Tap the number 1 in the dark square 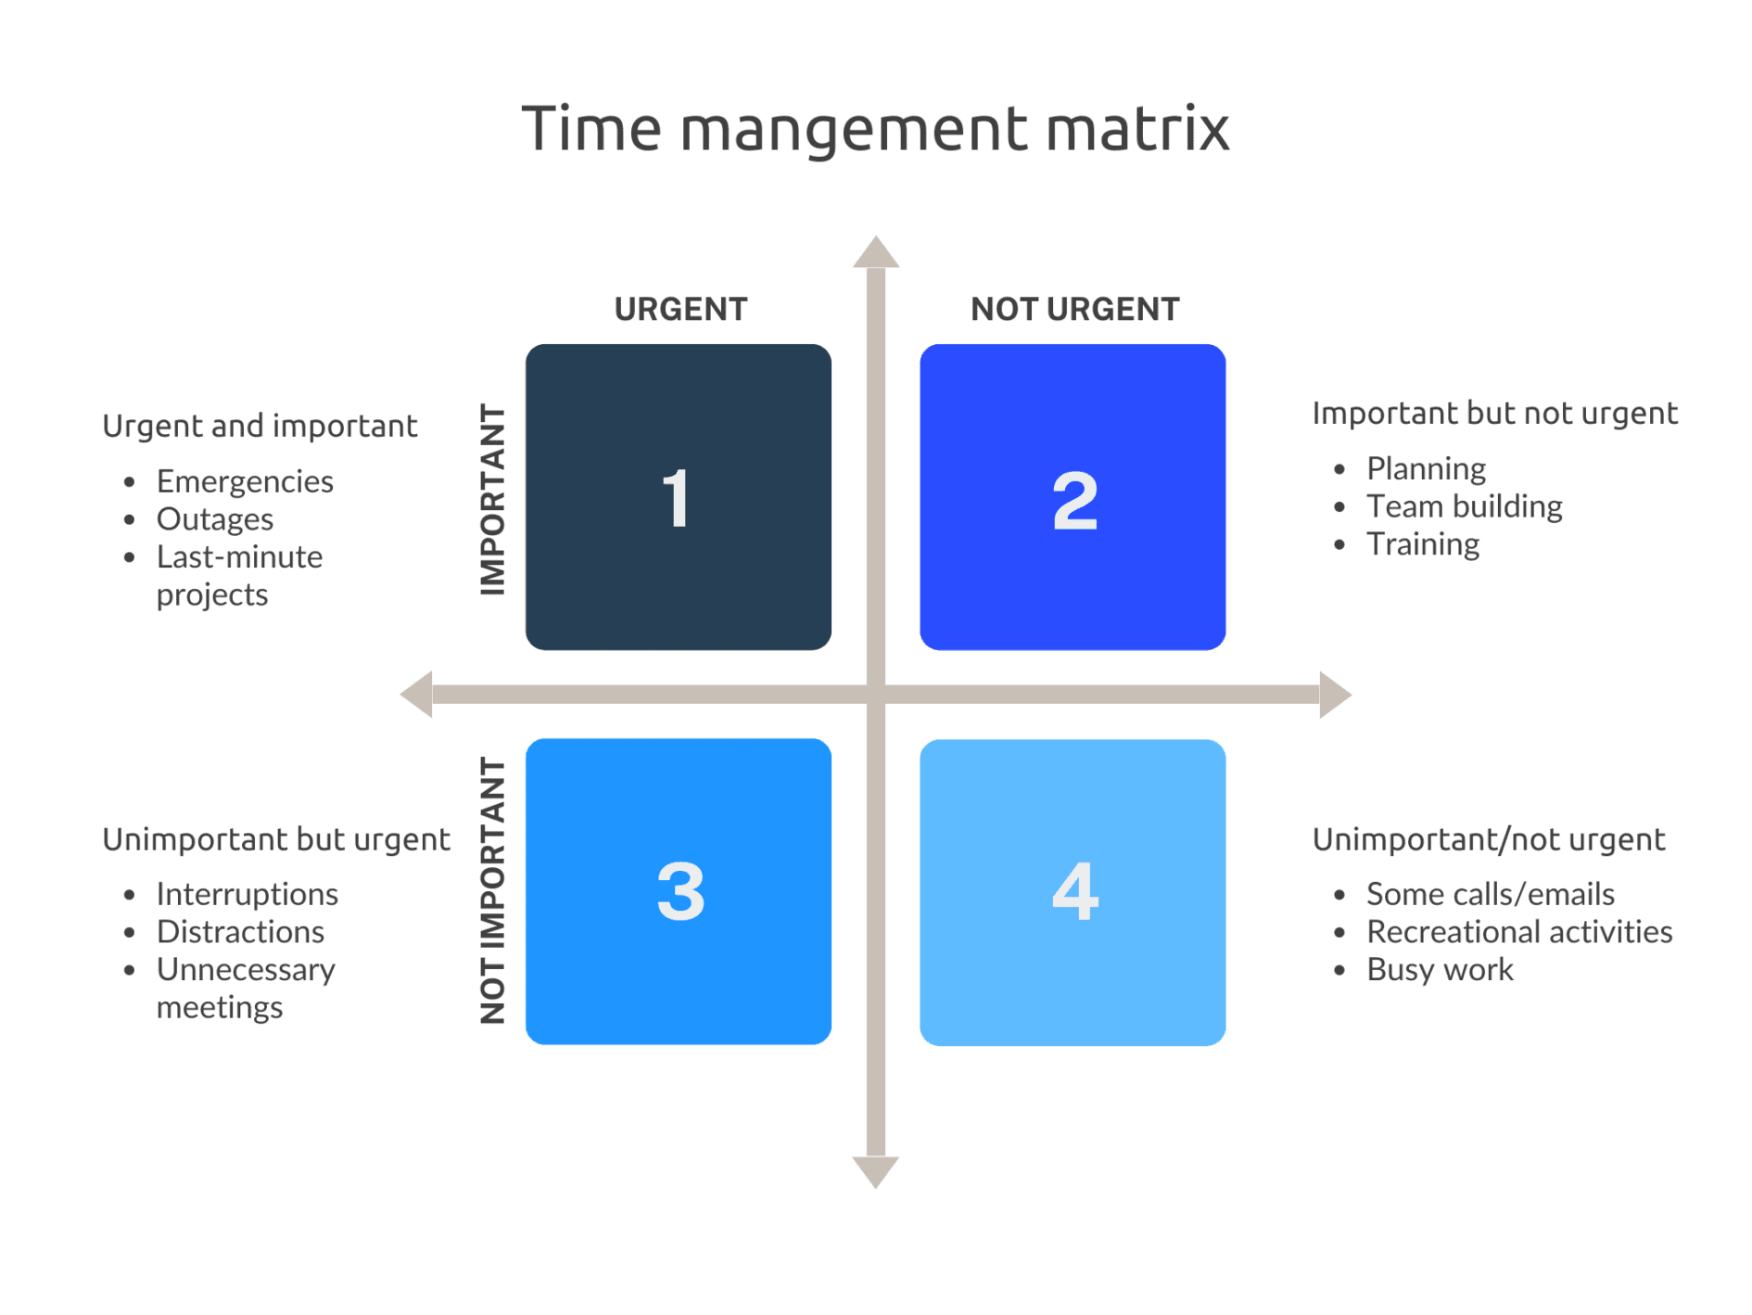click(677, 499)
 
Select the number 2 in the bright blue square click(1074, 501)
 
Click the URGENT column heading click(680, 310)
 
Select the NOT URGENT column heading click(1074, 310)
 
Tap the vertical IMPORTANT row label click(492, 500)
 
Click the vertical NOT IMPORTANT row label click(492, 891)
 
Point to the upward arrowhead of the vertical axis click(876, 253)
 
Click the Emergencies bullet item click(245, 482)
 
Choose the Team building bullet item click(1464, 507)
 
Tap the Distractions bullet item click(240, 932)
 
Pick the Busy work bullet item click(1440, 970)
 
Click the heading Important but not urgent click(1494, 414)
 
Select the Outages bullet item click(215, 520)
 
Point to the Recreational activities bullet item click(1519, 932)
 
